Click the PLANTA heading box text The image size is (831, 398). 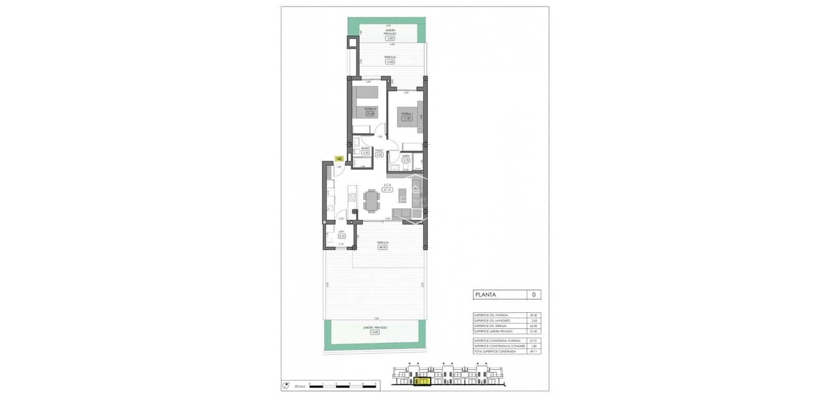485,295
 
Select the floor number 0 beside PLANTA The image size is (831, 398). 533,295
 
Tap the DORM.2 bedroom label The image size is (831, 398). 370,109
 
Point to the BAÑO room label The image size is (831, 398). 365,148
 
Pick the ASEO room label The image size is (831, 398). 406,156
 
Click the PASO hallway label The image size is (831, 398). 379,151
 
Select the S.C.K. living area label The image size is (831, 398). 387,185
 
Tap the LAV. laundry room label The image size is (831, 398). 342,232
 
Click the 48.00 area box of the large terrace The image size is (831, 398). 383,247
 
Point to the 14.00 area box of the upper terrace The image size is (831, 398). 390,62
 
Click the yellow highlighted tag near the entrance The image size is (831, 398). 339,158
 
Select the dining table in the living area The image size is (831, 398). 372,201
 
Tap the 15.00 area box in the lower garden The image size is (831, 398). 375,333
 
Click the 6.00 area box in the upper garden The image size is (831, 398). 390,38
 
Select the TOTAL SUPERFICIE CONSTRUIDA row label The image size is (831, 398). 494,352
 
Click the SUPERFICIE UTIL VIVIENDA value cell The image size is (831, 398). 532,315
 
